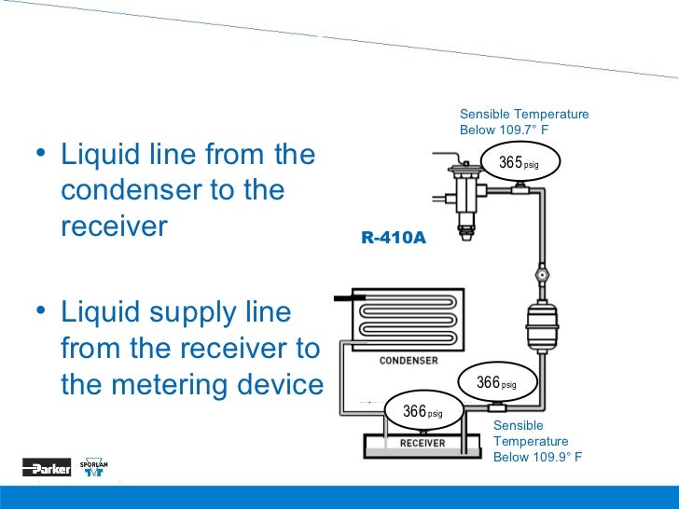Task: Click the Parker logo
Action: tap(47, 469)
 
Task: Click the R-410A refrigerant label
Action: tap(394, 238)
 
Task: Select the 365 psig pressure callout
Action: tap(519, 163)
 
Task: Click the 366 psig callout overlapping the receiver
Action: tap(422, 411)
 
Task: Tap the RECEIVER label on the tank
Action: tap(423, 443)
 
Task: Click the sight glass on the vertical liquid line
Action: tap(540, 276)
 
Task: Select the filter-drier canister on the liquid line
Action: tap(540, 326)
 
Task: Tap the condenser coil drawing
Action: tap(407, 317)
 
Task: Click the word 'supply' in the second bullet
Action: tap(173, 313)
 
